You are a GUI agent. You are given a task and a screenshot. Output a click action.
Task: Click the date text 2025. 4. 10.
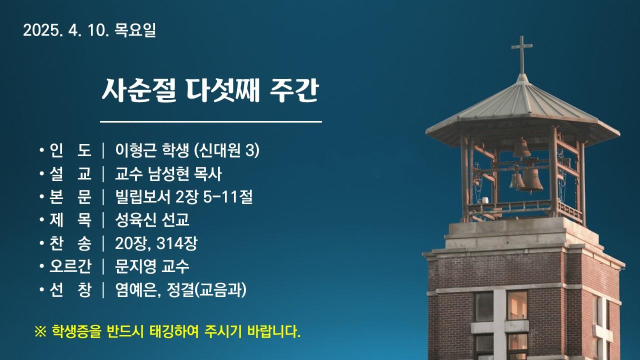coord(66,30)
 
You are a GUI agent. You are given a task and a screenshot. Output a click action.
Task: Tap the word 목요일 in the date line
coord(135,30)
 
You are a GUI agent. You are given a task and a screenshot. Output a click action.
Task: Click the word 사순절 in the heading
coord(139,90)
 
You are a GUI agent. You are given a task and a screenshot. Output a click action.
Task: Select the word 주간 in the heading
coord(294,90)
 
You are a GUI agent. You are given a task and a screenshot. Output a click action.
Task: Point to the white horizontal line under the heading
coord(211,122)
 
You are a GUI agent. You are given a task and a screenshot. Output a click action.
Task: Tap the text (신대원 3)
coord(226,150)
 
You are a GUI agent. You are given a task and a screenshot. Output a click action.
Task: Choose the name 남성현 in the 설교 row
coord(169,173)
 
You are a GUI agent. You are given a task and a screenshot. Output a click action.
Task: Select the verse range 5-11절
coord(228,197)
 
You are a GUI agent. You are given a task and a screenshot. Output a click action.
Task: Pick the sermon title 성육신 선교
coord(152,219)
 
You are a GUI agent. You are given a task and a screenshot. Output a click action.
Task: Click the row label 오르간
coord(70,266)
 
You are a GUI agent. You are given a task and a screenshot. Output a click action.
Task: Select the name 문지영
coord(135,266)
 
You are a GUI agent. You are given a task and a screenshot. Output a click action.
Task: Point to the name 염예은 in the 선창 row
coord(135,290)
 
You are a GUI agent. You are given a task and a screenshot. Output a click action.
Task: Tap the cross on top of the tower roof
coord(521,54)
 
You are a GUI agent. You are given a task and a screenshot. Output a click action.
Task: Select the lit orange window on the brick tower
coord(517,305)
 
